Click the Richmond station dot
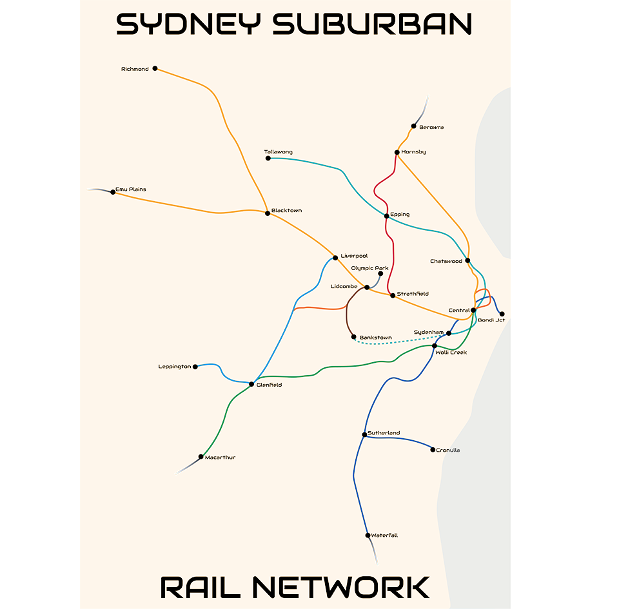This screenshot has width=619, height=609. pyautogui.click(x=155, y=68)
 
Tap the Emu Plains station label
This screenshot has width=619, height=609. pyautogui.click(x=131, y=189)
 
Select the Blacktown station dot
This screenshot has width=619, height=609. pyautogui.click(x=268, y=213)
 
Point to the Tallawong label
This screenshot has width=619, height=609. pyautogui.click(x=278, y=152)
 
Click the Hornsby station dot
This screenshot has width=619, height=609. pyautogui.click(x=397, y=153)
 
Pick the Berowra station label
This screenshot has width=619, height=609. pyautogui.click(x=431, y=128)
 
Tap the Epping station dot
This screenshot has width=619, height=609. pyautogui.click(x=386, y=215)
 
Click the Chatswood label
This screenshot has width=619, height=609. pyautogui.click(x=446, y=261)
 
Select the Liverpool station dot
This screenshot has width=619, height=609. pyautogui.click(x=335, y=258)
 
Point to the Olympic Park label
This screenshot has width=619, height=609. pyautogui.click(x=370, y=267)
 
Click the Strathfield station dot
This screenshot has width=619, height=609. pyautogui.click(x=392, y=295)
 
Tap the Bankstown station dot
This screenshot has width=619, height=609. pyautogui.click(x=353, y=337)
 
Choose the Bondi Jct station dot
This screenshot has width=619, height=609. pyautogui.click(x=502, y=314)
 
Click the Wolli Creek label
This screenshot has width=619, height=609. pyautogui.click(x=451, y=353)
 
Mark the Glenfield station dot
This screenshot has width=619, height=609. pyautogui.click(x=251, y=384)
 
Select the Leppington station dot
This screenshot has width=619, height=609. pyautogui.click(x=195, y=367)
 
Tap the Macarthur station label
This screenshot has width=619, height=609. pyautogui.click(x=220, y=458)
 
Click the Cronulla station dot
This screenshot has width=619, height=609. pyautogui.click(x=433, y=450)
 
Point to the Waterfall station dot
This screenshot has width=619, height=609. pyautogui.click(x=367, y=536)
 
